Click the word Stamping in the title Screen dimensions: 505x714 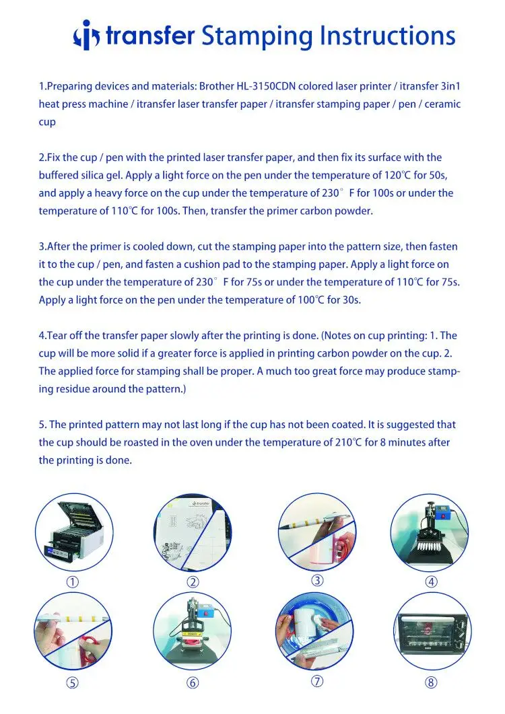tap(256, 36)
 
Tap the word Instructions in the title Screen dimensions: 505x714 tap(387, 35)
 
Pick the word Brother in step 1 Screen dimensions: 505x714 tap(216, 86)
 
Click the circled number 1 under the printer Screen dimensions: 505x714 tap(73, 582)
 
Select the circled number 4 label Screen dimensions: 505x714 tap(431, 581)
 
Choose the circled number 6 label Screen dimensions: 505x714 tap(193, 683)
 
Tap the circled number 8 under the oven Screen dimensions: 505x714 tap(431, 682)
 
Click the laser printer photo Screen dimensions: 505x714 tap(74, 532)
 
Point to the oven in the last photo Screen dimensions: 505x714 tap(432, 632)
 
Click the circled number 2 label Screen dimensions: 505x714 tap(193, 582)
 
